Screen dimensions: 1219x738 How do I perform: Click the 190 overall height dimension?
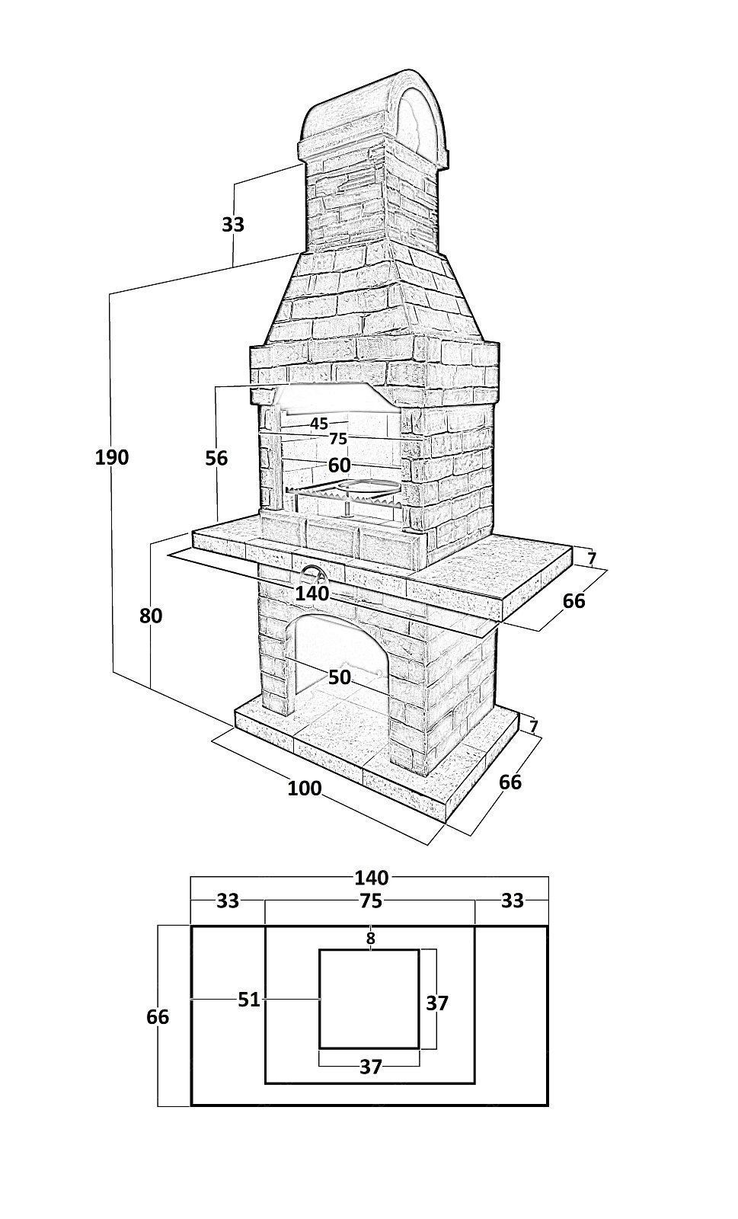point(112,457)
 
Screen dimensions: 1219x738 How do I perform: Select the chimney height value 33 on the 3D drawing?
point(233,225)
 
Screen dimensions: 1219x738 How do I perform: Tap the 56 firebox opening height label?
point(216,458)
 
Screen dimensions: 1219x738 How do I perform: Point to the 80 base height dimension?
point(151,615)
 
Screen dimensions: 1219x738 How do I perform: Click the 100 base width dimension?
point(304,789)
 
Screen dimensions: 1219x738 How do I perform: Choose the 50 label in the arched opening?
point(339,677)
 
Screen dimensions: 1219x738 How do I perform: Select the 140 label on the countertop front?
point(312,593)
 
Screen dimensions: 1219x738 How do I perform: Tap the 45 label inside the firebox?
point(318,424)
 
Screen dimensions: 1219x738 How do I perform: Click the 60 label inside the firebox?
point(339,465)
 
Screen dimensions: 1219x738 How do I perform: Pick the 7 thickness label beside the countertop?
point(592,558)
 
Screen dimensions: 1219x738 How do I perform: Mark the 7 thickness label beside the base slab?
point(534,726)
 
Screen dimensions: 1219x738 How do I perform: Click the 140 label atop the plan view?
point(371,878)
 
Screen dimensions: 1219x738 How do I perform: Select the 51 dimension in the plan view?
point(249,1000)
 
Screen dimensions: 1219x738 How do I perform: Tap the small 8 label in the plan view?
point(370,939)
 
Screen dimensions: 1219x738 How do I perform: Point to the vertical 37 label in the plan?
point(436,1003)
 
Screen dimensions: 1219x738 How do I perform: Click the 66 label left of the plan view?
point(158,1017)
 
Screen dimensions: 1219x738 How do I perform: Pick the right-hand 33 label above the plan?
point(513,901)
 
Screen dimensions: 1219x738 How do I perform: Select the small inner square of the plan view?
point(369,999)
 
